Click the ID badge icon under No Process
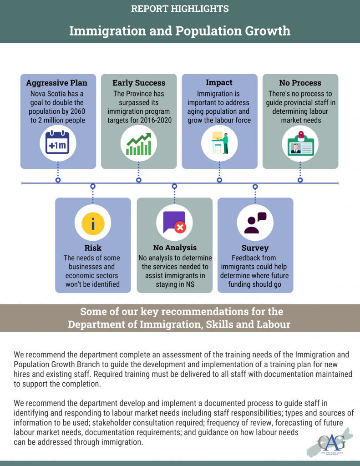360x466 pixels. [x=300, y=144]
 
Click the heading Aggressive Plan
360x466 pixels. [x=57, y=83]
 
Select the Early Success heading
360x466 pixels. [x=139, y=83]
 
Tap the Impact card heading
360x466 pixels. [x=219, y=82]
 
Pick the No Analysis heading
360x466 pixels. [x=175, y=248]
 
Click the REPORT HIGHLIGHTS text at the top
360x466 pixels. [x=180, y=9]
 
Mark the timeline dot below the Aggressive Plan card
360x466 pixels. [x=58, y=180]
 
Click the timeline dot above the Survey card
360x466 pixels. [x=255, y=186]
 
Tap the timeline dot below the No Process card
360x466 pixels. [x=300, y=180]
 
